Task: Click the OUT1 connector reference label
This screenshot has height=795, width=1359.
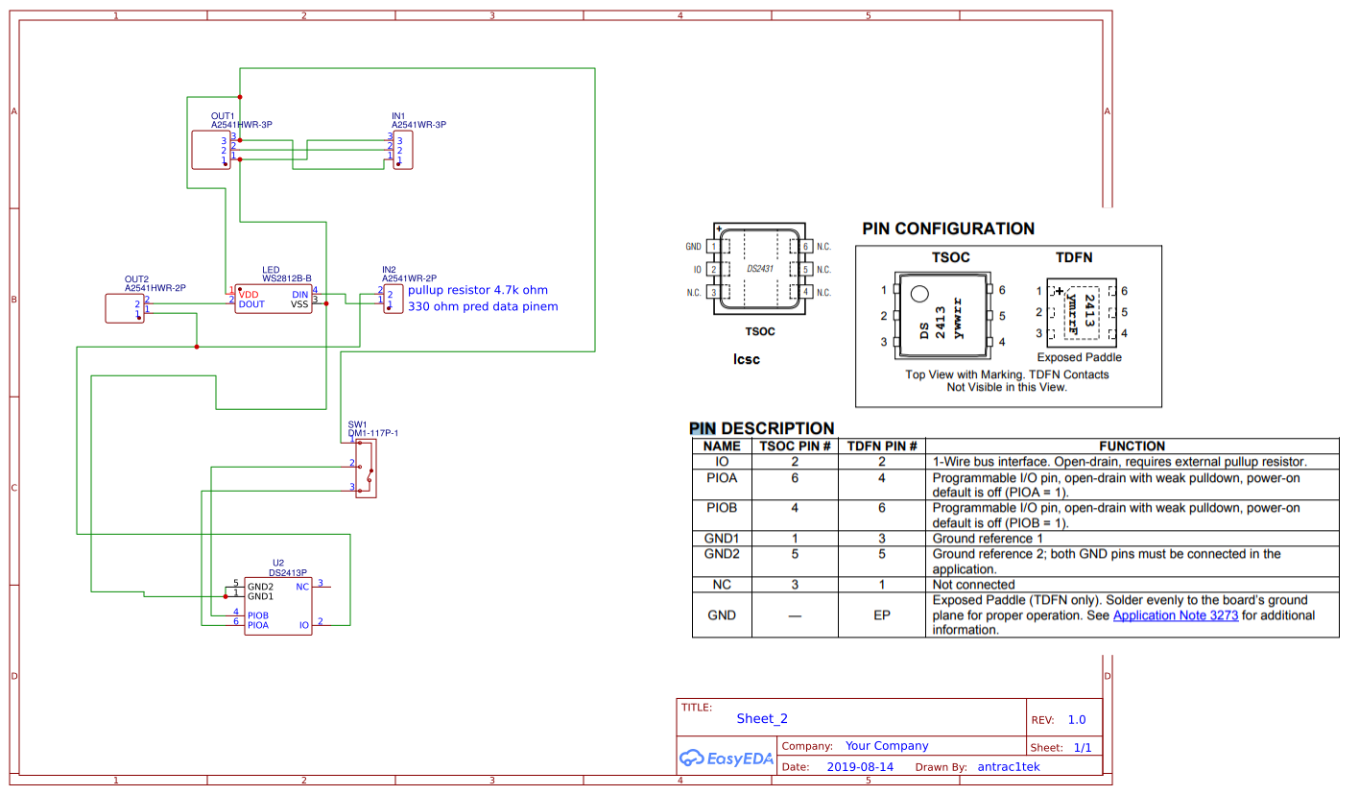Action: pos(223,116)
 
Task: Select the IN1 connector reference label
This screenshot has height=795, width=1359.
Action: pos(398,116)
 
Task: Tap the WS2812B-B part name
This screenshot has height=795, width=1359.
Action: pos(287,278)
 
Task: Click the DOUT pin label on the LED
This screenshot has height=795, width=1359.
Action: pos(251,304)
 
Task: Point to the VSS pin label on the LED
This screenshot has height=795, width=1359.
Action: pos(299,304)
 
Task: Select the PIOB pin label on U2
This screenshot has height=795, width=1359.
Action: pos(257,615)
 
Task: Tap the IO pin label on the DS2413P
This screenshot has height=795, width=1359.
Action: pos(303,625)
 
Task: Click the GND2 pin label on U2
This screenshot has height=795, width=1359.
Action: pos(260,587)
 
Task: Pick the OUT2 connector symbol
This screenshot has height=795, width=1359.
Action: pos(125,308)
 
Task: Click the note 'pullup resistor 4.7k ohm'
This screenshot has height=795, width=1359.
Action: pos(477,290)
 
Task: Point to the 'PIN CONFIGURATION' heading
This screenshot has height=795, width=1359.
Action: pos(947,229)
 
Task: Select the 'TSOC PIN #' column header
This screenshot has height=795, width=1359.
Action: pos(795,446)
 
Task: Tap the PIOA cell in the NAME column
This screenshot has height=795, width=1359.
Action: pos(722,477)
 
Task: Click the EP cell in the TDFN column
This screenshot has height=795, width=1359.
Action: pos(883,615)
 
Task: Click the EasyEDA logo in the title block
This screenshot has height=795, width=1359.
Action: pos(726,758)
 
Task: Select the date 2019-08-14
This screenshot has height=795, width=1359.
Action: pos(860,767)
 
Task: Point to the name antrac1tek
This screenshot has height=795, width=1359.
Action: pos(1008,767)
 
